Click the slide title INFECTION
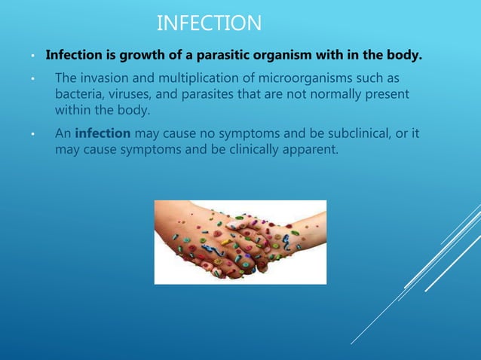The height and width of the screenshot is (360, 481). point(209,24)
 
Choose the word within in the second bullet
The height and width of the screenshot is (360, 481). point(74,111)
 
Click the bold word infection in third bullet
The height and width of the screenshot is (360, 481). point(103,134)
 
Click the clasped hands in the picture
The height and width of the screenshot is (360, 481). point(240,242)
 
